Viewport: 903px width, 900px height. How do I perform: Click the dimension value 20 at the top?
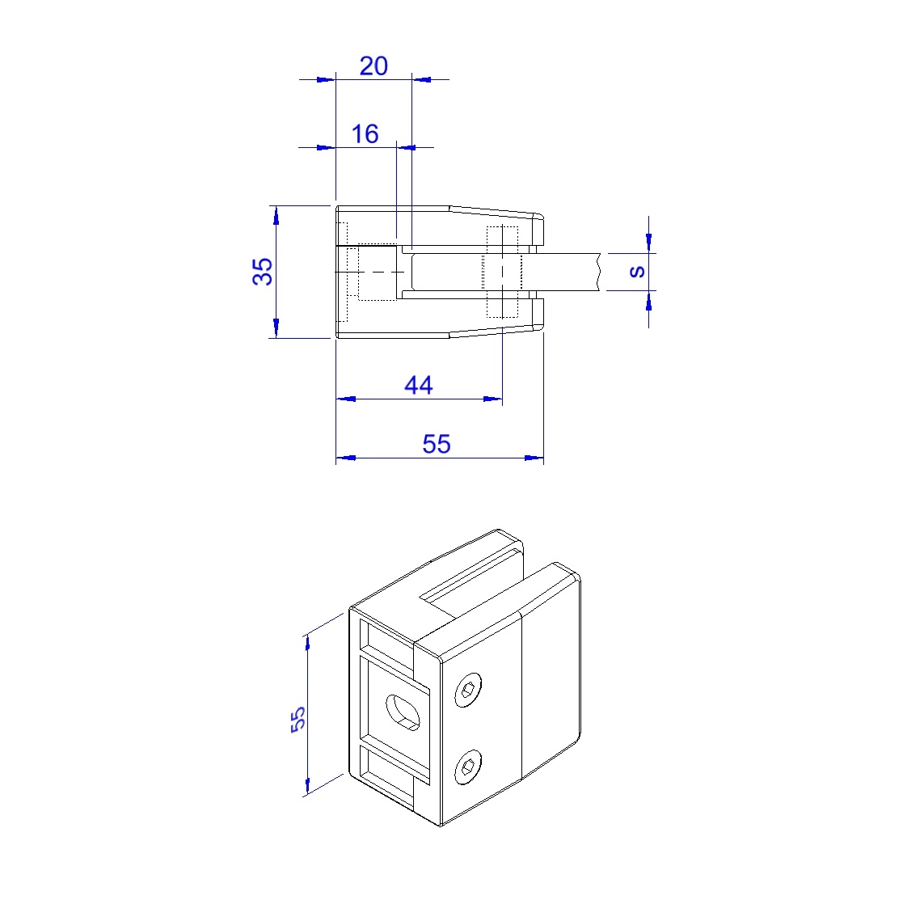(x=373, y=66)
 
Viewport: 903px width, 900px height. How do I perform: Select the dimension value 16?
(x=365, y=134)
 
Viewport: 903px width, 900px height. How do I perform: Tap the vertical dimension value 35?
(x=263, y=272)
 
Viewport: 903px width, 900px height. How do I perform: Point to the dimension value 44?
(x=419, y=385)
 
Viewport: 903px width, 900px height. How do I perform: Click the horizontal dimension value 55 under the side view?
(x=437, y=444)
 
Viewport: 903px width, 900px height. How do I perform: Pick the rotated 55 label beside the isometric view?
(x=298, y=719)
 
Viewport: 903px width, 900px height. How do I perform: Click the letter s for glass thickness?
(x=637, y=272)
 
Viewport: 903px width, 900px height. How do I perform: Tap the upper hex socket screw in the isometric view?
(x=469, y=689)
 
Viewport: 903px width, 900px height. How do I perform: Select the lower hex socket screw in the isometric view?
(x=469, y=767)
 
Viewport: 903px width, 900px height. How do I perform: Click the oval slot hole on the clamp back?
(x=403, y=712)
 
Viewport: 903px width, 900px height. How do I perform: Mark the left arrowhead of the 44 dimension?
(x=345, y=399)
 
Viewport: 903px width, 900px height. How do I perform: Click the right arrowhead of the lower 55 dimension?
(x=534, y=458)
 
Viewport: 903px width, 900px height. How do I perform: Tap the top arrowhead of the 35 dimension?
(x=276, y=215)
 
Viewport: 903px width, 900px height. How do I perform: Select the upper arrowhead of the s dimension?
(x=649, y=243)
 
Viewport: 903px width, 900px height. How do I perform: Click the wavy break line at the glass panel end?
(x=600, y=272)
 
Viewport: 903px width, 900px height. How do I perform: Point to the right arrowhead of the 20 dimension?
(x=421, y=79)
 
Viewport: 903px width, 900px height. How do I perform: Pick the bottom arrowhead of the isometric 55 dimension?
(x=307, y=786)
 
